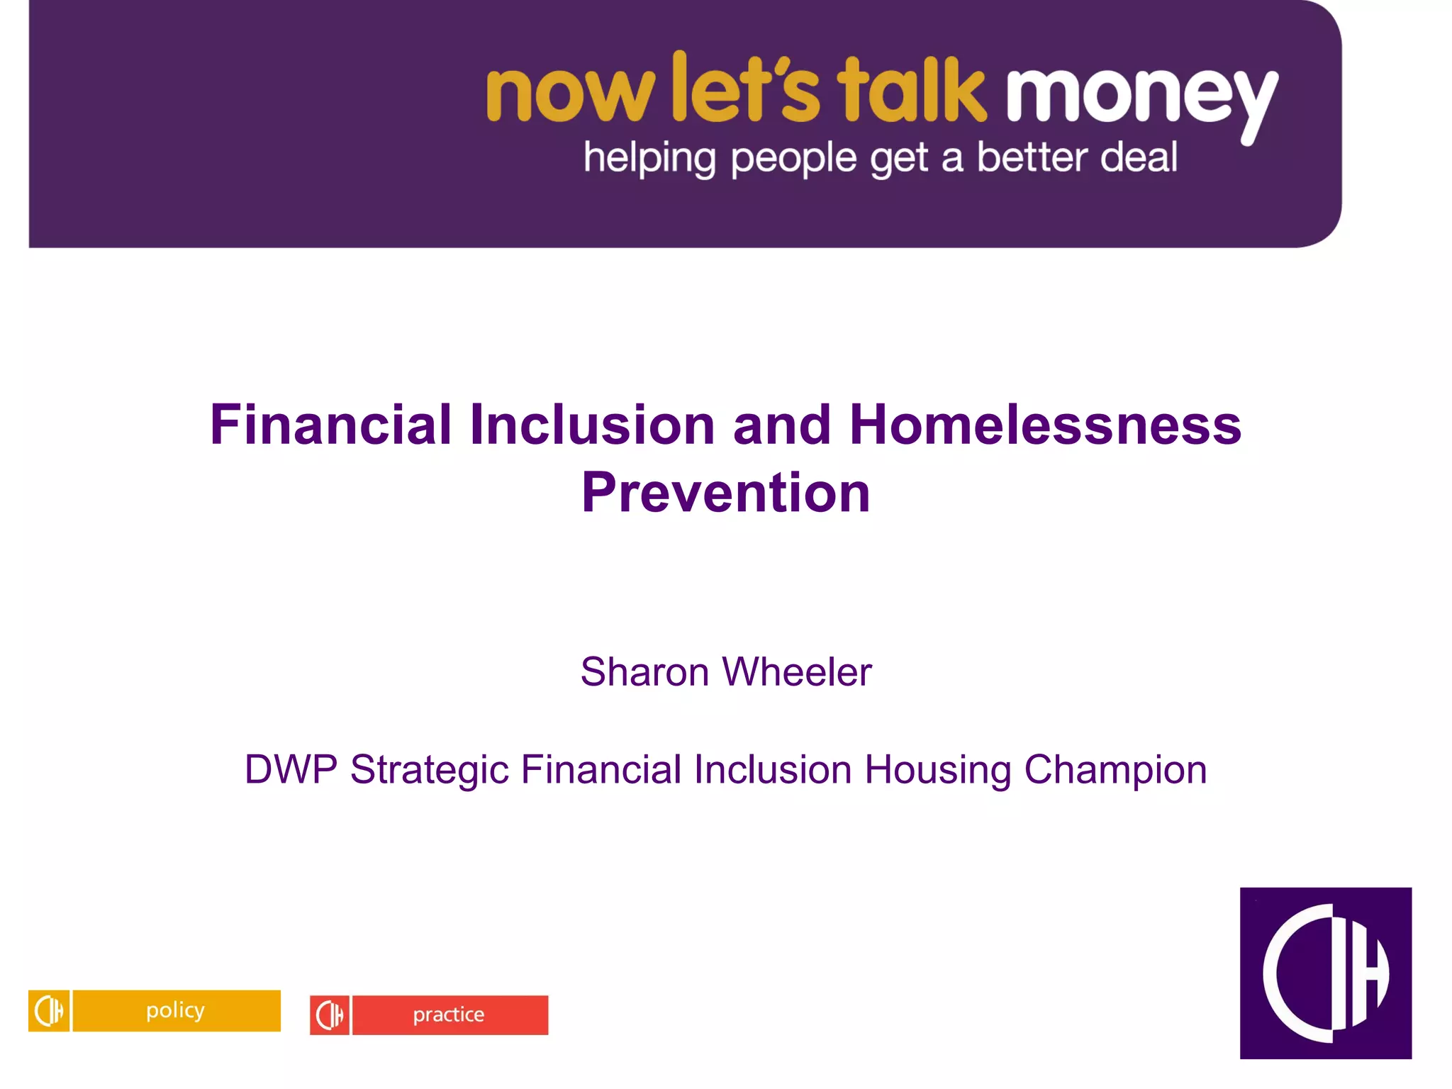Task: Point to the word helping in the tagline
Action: (649, 158)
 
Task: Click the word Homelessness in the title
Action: (1045, 425)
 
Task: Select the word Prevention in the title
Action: (726, 493)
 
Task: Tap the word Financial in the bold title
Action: (330, 425)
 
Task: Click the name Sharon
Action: (644, 671)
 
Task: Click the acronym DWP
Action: (291, 769)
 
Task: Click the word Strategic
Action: (430, 771)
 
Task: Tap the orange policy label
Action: (177, 1010)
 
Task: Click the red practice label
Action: (449, 1015)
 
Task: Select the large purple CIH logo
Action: (1325, 973)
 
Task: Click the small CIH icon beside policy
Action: (49, 1010)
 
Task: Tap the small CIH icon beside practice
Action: (330, 1015)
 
